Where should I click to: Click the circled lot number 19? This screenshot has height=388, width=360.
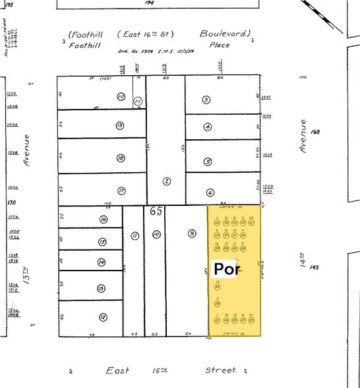(x=120, y=125)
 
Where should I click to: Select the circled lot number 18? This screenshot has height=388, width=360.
(x=120, y=158)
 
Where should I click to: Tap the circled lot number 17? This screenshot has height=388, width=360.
(x=121, y=190)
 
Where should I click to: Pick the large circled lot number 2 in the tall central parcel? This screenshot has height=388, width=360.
(x=167, y=181)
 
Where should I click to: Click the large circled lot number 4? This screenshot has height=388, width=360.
(x=208, y=127)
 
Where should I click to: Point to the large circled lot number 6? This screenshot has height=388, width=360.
(x=210, y=193)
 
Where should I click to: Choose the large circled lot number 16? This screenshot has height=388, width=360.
(x=103, y=219)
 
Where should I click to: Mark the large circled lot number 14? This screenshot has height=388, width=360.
(x=102, y=262)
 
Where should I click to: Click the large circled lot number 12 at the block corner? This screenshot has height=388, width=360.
(x=102, y=317)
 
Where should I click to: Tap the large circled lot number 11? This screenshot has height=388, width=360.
(x=135, y=235)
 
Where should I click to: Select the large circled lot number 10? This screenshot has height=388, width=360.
(x=156, y=234)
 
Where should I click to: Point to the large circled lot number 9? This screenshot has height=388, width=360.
(x=192, y=233)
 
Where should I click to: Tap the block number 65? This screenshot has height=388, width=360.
(x=156, y=212)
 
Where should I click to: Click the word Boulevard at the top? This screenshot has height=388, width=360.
(x=225, y=33)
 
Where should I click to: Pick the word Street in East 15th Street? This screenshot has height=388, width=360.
(x=220, y=371)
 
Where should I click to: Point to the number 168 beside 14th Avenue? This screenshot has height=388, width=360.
(x=315, y=132)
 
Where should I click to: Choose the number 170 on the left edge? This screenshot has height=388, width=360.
(x=11, y=204)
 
